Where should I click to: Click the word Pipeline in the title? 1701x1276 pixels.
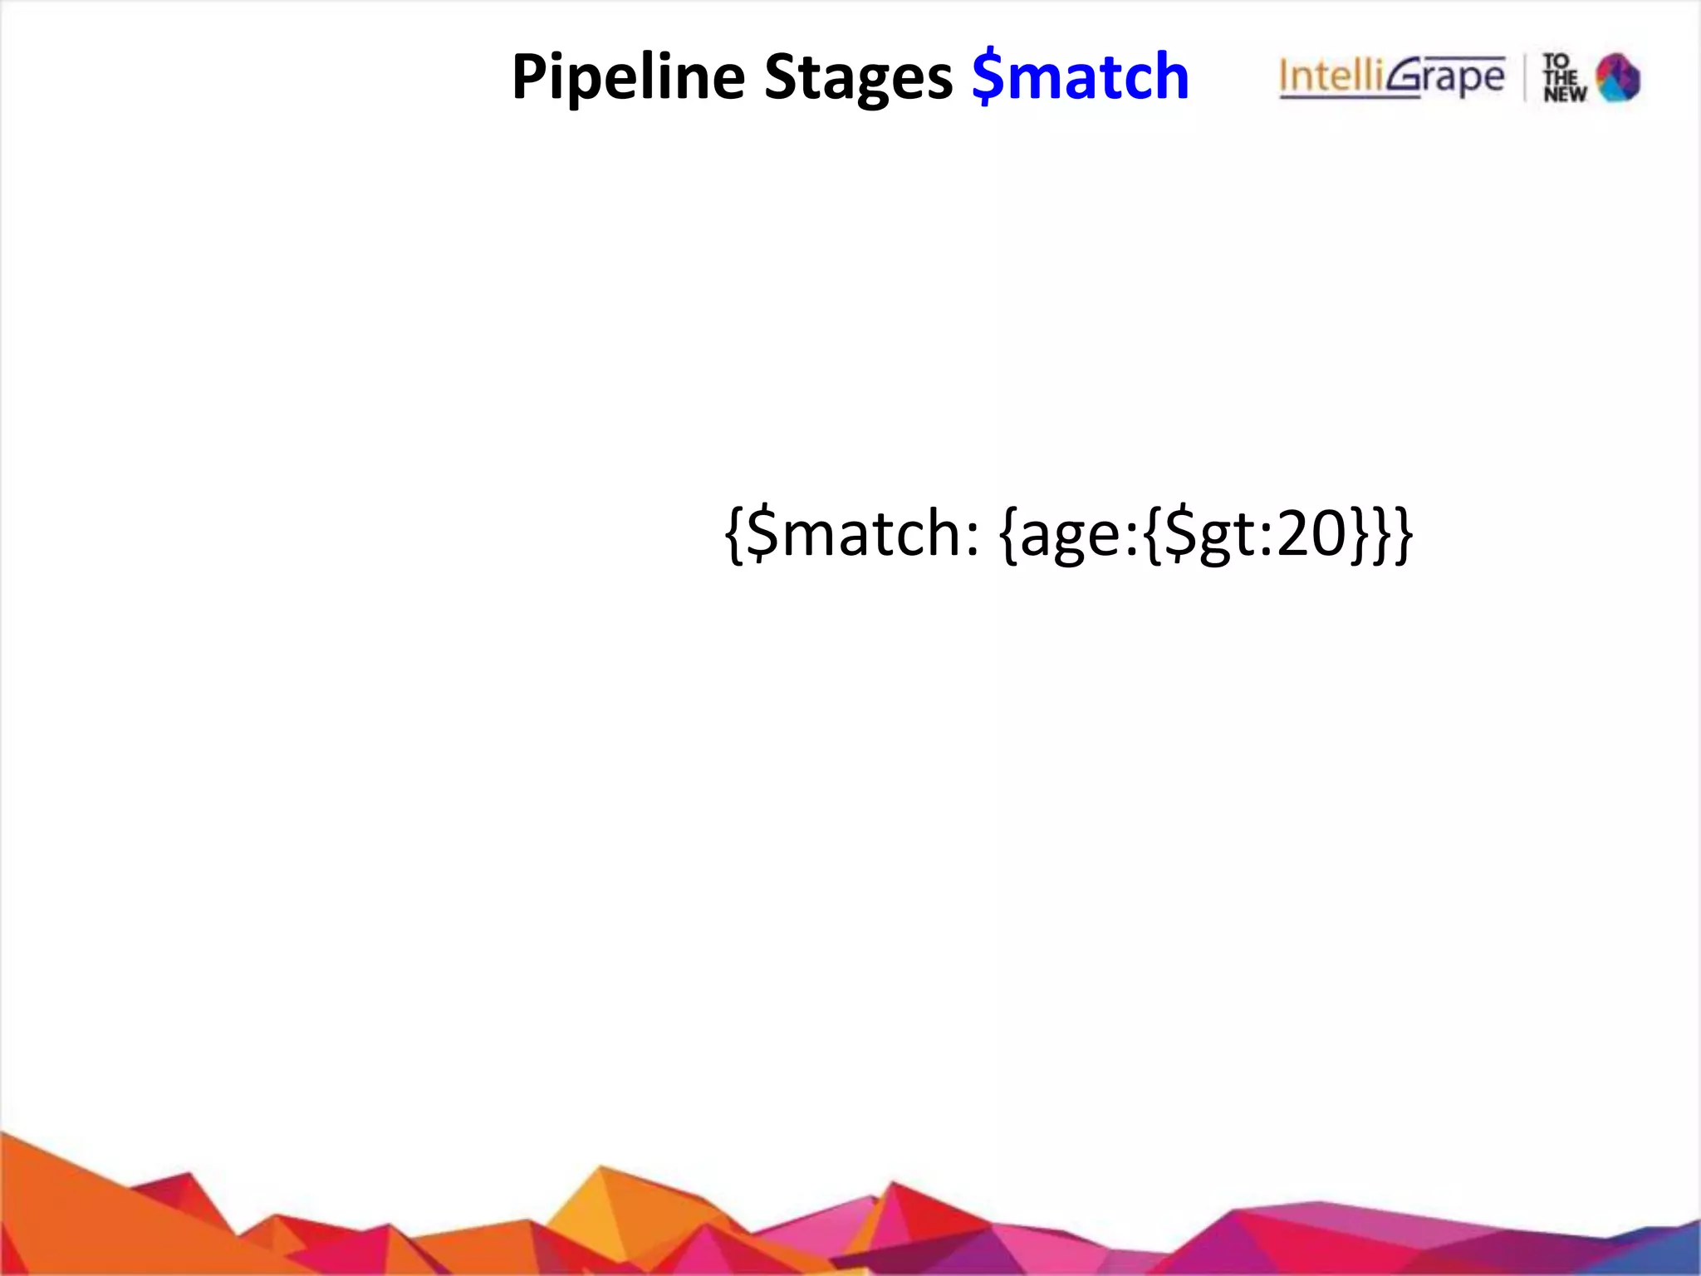tap(628, 77)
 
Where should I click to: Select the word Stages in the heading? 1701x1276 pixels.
tap(858, 77)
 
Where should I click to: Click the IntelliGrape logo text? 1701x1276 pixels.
tap(1391, 77)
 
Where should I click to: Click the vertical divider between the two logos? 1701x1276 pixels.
tap(1525, 77)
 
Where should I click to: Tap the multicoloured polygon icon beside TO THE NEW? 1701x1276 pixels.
tap(1618, 77)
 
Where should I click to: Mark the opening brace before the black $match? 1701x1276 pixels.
tap(735, 532)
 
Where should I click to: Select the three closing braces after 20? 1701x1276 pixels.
tap(1380, 534)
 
